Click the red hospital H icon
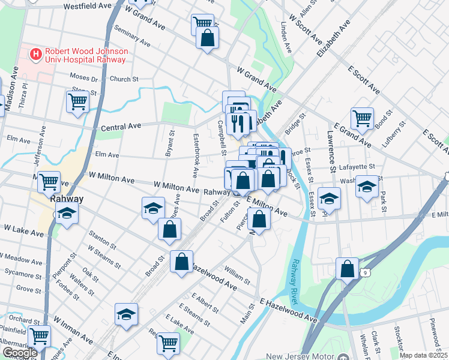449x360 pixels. click(36, 55)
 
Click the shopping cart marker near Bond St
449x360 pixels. click(362, 118)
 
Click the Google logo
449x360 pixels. click(20, 353)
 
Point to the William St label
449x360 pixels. click(238, 275)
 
